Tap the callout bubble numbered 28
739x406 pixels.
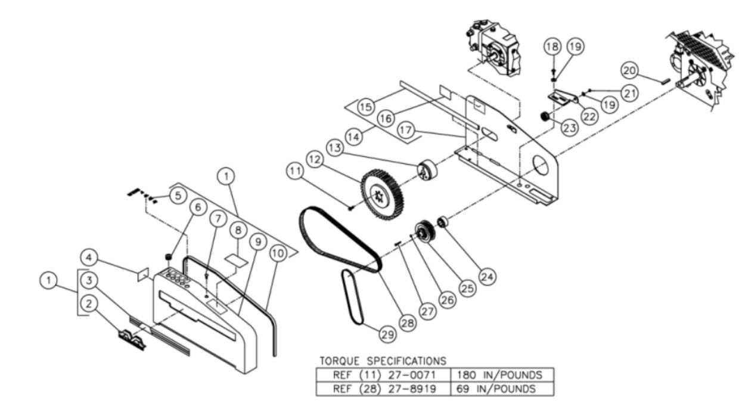pyautogui.click(x=407, y=323)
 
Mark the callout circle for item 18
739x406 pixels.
pyautogui.click(x=552, y=46)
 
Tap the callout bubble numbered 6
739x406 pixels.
pyautogui.click(x=198, y=207)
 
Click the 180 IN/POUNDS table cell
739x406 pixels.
pyautogui.click(x=499, y=375)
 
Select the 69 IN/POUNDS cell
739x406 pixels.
pyautogui.click(x=499, y=389)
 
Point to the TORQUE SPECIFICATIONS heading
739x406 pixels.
pyautogui.click(x=383, y=361)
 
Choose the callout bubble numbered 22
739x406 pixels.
pyautogui.click(x=590, y=117)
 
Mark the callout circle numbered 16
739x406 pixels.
pyautogui.click(x=386, y=119)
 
